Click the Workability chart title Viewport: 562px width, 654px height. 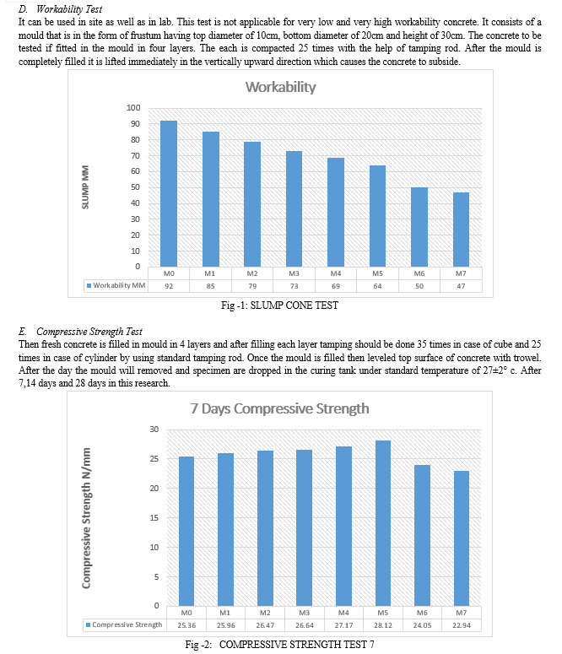(x=280, y=87)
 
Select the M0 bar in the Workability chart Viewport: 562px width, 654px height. (x=169, y=193)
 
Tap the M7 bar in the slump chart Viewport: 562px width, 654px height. (x=461, y=230)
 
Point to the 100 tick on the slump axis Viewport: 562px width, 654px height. (x=133, y=108)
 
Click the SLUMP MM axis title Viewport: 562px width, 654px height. (x=85, y=186)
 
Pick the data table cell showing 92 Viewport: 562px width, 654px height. (x=169, y=286)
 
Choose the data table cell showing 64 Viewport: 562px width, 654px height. (x=377, y=286)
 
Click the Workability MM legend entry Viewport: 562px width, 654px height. (x=116, y=285)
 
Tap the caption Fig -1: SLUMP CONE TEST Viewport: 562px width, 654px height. (x=279, y=305)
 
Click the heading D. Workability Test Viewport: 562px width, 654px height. (x=60, y=8)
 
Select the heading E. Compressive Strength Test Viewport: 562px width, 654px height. (x=80, y=332)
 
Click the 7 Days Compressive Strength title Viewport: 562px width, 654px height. (x=279, y=408)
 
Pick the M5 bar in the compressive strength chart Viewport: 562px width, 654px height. (x=382, y=523)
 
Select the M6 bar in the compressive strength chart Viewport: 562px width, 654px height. (x=422, y=535)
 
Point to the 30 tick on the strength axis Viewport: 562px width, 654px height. (x=154, y=430)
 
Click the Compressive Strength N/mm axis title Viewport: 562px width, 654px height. (x=86, y=518)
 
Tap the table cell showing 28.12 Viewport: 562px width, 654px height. (x=382, y=625)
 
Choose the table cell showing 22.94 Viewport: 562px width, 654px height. (x=462, y=625)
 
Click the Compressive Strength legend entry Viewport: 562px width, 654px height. (x=124, y=624)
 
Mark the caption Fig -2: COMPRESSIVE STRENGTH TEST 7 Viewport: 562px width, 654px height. (x=279, y=645)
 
